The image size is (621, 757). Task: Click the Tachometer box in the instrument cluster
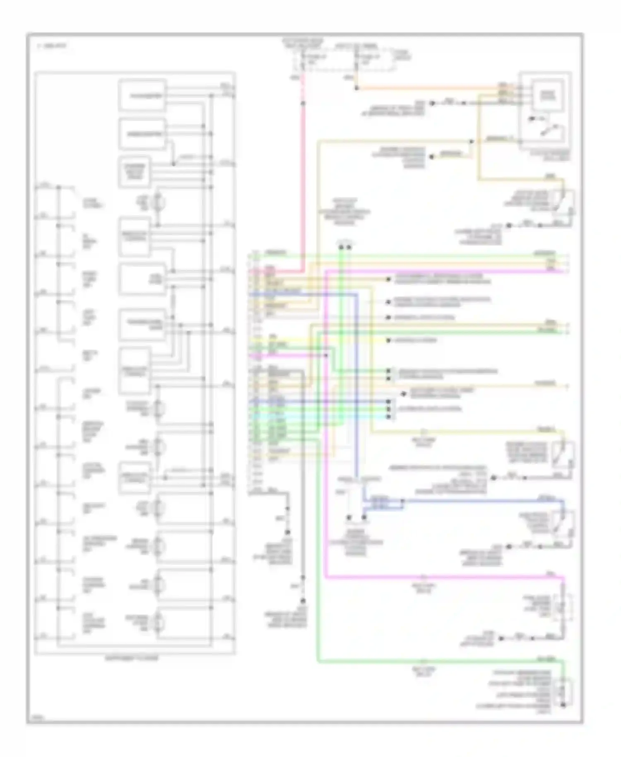(x=142, y=96)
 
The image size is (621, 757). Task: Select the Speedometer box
(x=142, y=134)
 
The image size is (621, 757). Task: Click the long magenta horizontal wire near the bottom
(x=443, y=577)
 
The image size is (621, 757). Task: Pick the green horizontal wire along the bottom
(x=439, y=661)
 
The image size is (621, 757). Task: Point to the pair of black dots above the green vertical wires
(x=345, y=247)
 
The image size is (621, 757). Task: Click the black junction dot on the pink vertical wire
(x=303, y=103)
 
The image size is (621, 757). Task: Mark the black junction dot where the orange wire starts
(x=356, y=88)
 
